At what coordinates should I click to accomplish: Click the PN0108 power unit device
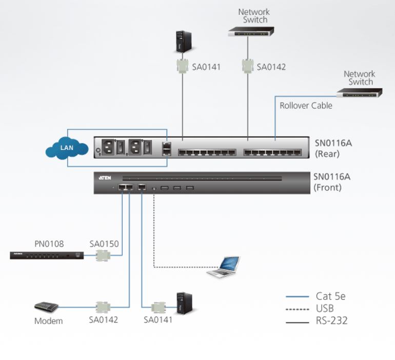46,255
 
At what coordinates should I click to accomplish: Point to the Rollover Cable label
306,106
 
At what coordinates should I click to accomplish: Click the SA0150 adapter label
104,244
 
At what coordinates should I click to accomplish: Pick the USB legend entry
325,309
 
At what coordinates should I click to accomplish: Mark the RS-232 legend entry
331,321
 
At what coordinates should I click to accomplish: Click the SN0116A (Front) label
331,182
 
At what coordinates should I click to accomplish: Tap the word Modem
48,321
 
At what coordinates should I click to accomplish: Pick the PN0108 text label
49,244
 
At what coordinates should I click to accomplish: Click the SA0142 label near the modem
103,320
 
